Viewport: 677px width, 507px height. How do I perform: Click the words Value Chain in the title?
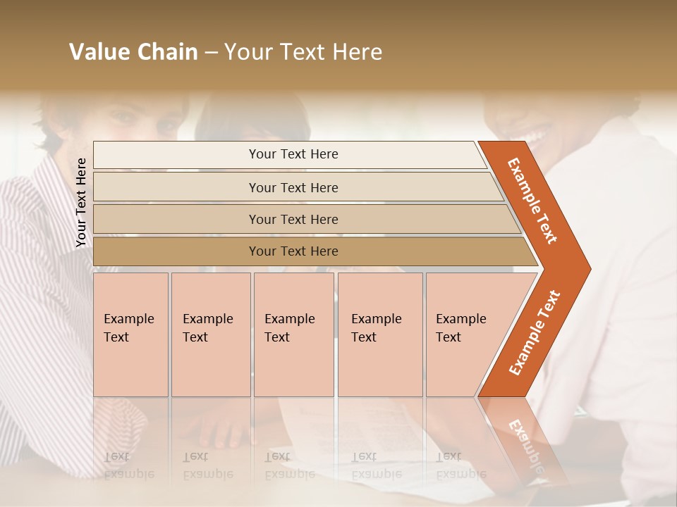coord(133,51)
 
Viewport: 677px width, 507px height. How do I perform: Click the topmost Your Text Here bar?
coord(293,154)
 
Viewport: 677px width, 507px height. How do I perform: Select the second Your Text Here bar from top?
coord(293,187)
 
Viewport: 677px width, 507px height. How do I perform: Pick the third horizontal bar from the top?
coord(293,219)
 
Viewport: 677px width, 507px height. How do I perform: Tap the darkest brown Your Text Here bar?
coord(293,251)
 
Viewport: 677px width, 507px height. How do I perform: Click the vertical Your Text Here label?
coord(81,203)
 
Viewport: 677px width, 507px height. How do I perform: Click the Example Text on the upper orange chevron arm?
coord(532,201)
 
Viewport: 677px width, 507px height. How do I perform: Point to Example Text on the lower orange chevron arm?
coord(535,332)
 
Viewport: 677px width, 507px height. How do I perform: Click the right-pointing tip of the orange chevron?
coord(586,269)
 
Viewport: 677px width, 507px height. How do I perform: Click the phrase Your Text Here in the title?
coord(303,51)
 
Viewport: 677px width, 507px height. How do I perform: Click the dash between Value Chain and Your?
coord(211,53)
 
